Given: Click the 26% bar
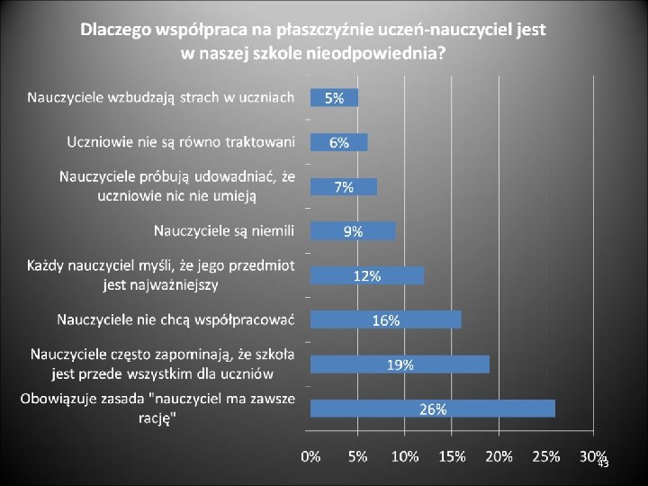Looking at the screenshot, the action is [433, 409].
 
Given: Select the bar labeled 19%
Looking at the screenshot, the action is [400, 364].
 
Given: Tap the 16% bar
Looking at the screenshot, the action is [386, 319].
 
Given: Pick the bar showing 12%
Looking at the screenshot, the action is [367, 275].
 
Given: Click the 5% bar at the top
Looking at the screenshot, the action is [334, 98].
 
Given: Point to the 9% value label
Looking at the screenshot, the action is [354, 232].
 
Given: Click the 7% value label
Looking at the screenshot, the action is [344, 187].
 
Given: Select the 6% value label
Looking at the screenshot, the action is [339, 143].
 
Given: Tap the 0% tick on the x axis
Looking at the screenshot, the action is [310, 456].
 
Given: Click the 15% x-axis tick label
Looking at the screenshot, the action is [452, 456].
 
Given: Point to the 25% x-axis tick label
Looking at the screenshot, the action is [546, 456].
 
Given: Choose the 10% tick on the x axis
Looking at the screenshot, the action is [405, 456].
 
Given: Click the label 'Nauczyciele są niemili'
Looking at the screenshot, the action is [224, 231].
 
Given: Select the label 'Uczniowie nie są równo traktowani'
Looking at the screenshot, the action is [181, 142].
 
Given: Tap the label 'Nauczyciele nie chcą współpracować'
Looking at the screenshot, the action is [175, 320].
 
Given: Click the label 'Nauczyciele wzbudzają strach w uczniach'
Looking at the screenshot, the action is [161, 98].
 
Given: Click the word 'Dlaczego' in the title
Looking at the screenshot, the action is [116, 31].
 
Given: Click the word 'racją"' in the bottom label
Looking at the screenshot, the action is [157, 418].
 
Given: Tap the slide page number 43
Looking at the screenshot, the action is [604, 463].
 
